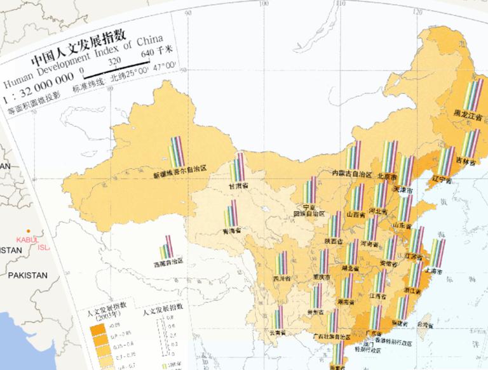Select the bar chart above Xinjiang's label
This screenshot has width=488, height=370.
(175, 152)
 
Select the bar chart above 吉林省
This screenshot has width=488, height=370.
(470, 144)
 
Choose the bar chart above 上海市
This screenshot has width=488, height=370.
(438, 253)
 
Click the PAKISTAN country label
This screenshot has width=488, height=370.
(27, 275)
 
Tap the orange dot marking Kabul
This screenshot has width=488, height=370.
(27, 231)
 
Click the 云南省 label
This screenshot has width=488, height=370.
(277, 332)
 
